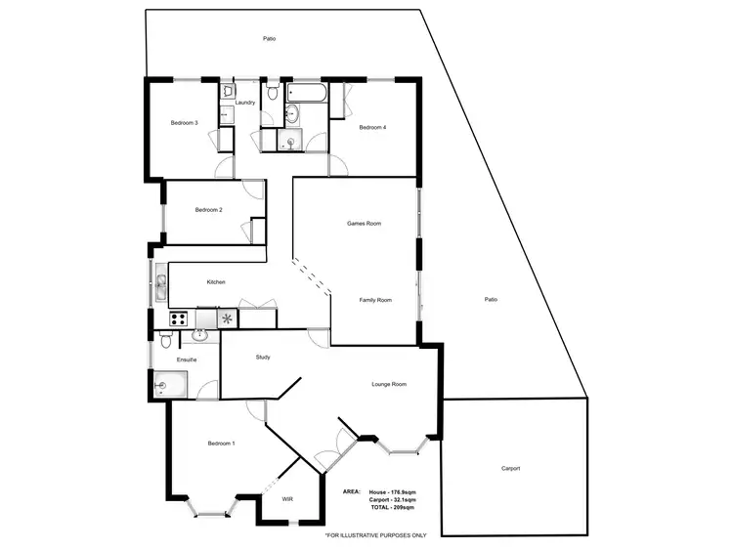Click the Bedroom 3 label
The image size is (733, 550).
pyautogui.click(x=185, y=123)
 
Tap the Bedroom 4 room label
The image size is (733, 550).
pyautogui.click(x=372, y=128)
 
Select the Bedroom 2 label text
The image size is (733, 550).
pyautogui.click(x=208, y=210)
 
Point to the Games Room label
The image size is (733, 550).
pyautogui.click(x=364, y=224)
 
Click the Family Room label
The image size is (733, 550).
pyautogui.click(x=375, y=300)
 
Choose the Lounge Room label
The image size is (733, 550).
pyautogui.click(x=389, y=385)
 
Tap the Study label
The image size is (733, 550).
pyautogui.click(x=262, y=358)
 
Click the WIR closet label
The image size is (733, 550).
pyautogui.click(x=287, y=499)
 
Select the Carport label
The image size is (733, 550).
pyautogui.click(x=510, y=469)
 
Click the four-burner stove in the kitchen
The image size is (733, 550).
pyautogui.click(x=179, y=317)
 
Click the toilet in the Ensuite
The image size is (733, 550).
pyautogui.click(x=166, y=342)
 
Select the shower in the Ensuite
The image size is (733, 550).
pyautogui.click(x=167, y=387)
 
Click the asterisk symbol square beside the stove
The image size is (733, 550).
pyautogui.click(x=227, y=318)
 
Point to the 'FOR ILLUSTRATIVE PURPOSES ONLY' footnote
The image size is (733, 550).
pyautogui.click(x=376, y=535)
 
